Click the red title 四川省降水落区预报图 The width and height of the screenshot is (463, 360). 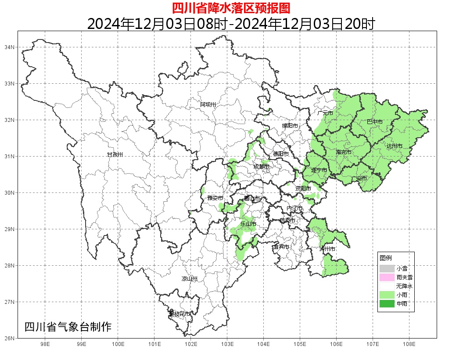231,8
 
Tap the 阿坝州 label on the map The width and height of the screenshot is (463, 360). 208,104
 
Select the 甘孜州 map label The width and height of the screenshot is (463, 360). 115,154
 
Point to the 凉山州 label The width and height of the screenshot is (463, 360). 190,279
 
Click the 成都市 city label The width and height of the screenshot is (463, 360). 261,167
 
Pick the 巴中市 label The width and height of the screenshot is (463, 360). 374,121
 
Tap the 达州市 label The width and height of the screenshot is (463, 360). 395,146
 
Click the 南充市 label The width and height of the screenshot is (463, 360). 344,152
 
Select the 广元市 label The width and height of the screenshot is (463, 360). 325,113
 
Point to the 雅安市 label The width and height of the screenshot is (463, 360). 215,198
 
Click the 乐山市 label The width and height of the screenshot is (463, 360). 248,224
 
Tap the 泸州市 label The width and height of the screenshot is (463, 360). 327,249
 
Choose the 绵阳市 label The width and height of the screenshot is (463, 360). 290,126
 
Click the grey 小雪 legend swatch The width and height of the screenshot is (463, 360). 387,268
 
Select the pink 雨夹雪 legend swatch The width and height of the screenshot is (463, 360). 387,277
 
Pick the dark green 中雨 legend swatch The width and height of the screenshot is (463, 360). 387,303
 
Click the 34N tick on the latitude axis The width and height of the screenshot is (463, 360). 10,47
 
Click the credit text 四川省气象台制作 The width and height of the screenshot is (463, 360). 68,327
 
